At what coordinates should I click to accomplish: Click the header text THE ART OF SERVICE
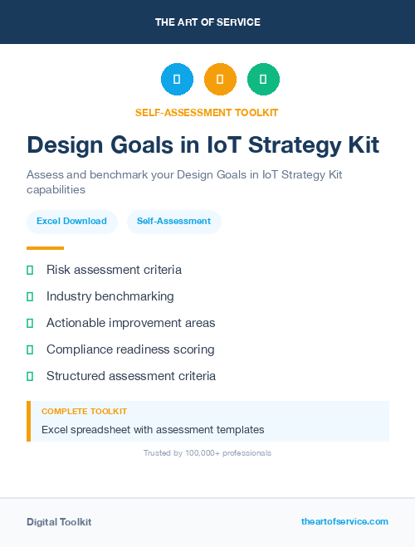point(207,22)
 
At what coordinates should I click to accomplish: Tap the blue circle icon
point(177,80)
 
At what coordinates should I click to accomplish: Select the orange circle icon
point(220,80)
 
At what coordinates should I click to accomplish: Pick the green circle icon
point(263,80)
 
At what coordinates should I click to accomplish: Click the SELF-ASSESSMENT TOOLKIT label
point(207,112)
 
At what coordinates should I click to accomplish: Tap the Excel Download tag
point(71,222)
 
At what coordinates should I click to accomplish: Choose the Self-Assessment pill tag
point(173,222)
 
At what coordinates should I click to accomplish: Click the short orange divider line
point(45,248)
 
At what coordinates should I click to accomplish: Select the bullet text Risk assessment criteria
point(114,270)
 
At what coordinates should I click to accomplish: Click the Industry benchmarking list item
point(110,296)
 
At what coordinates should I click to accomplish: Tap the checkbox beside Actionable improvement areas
point(30,323)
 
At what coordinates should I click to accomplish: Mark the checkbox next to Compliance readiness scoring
point(30,349)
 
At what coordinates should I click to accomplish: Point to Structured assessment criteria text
point(131,376)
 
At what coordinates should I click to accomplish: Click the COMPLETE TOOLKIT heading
point(84,412)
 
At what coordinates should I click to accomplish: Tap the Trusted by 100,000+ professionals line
point(207,453)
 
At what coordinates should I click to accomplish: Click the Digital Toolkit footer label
point(59,522)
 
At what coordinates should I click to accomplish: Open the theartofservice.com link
point(344,522)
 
